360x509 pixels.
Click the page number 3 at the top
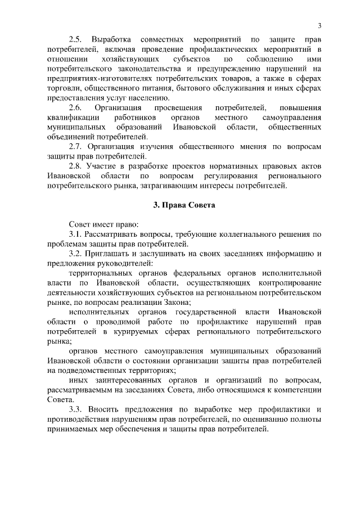[x=319, y=26]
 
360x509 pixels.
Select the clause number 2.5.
[x=76, y=41]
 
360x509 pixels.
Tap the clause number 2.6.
[x=76, y=107]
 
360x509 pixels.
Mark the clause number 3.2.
[x=76, y=254]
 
